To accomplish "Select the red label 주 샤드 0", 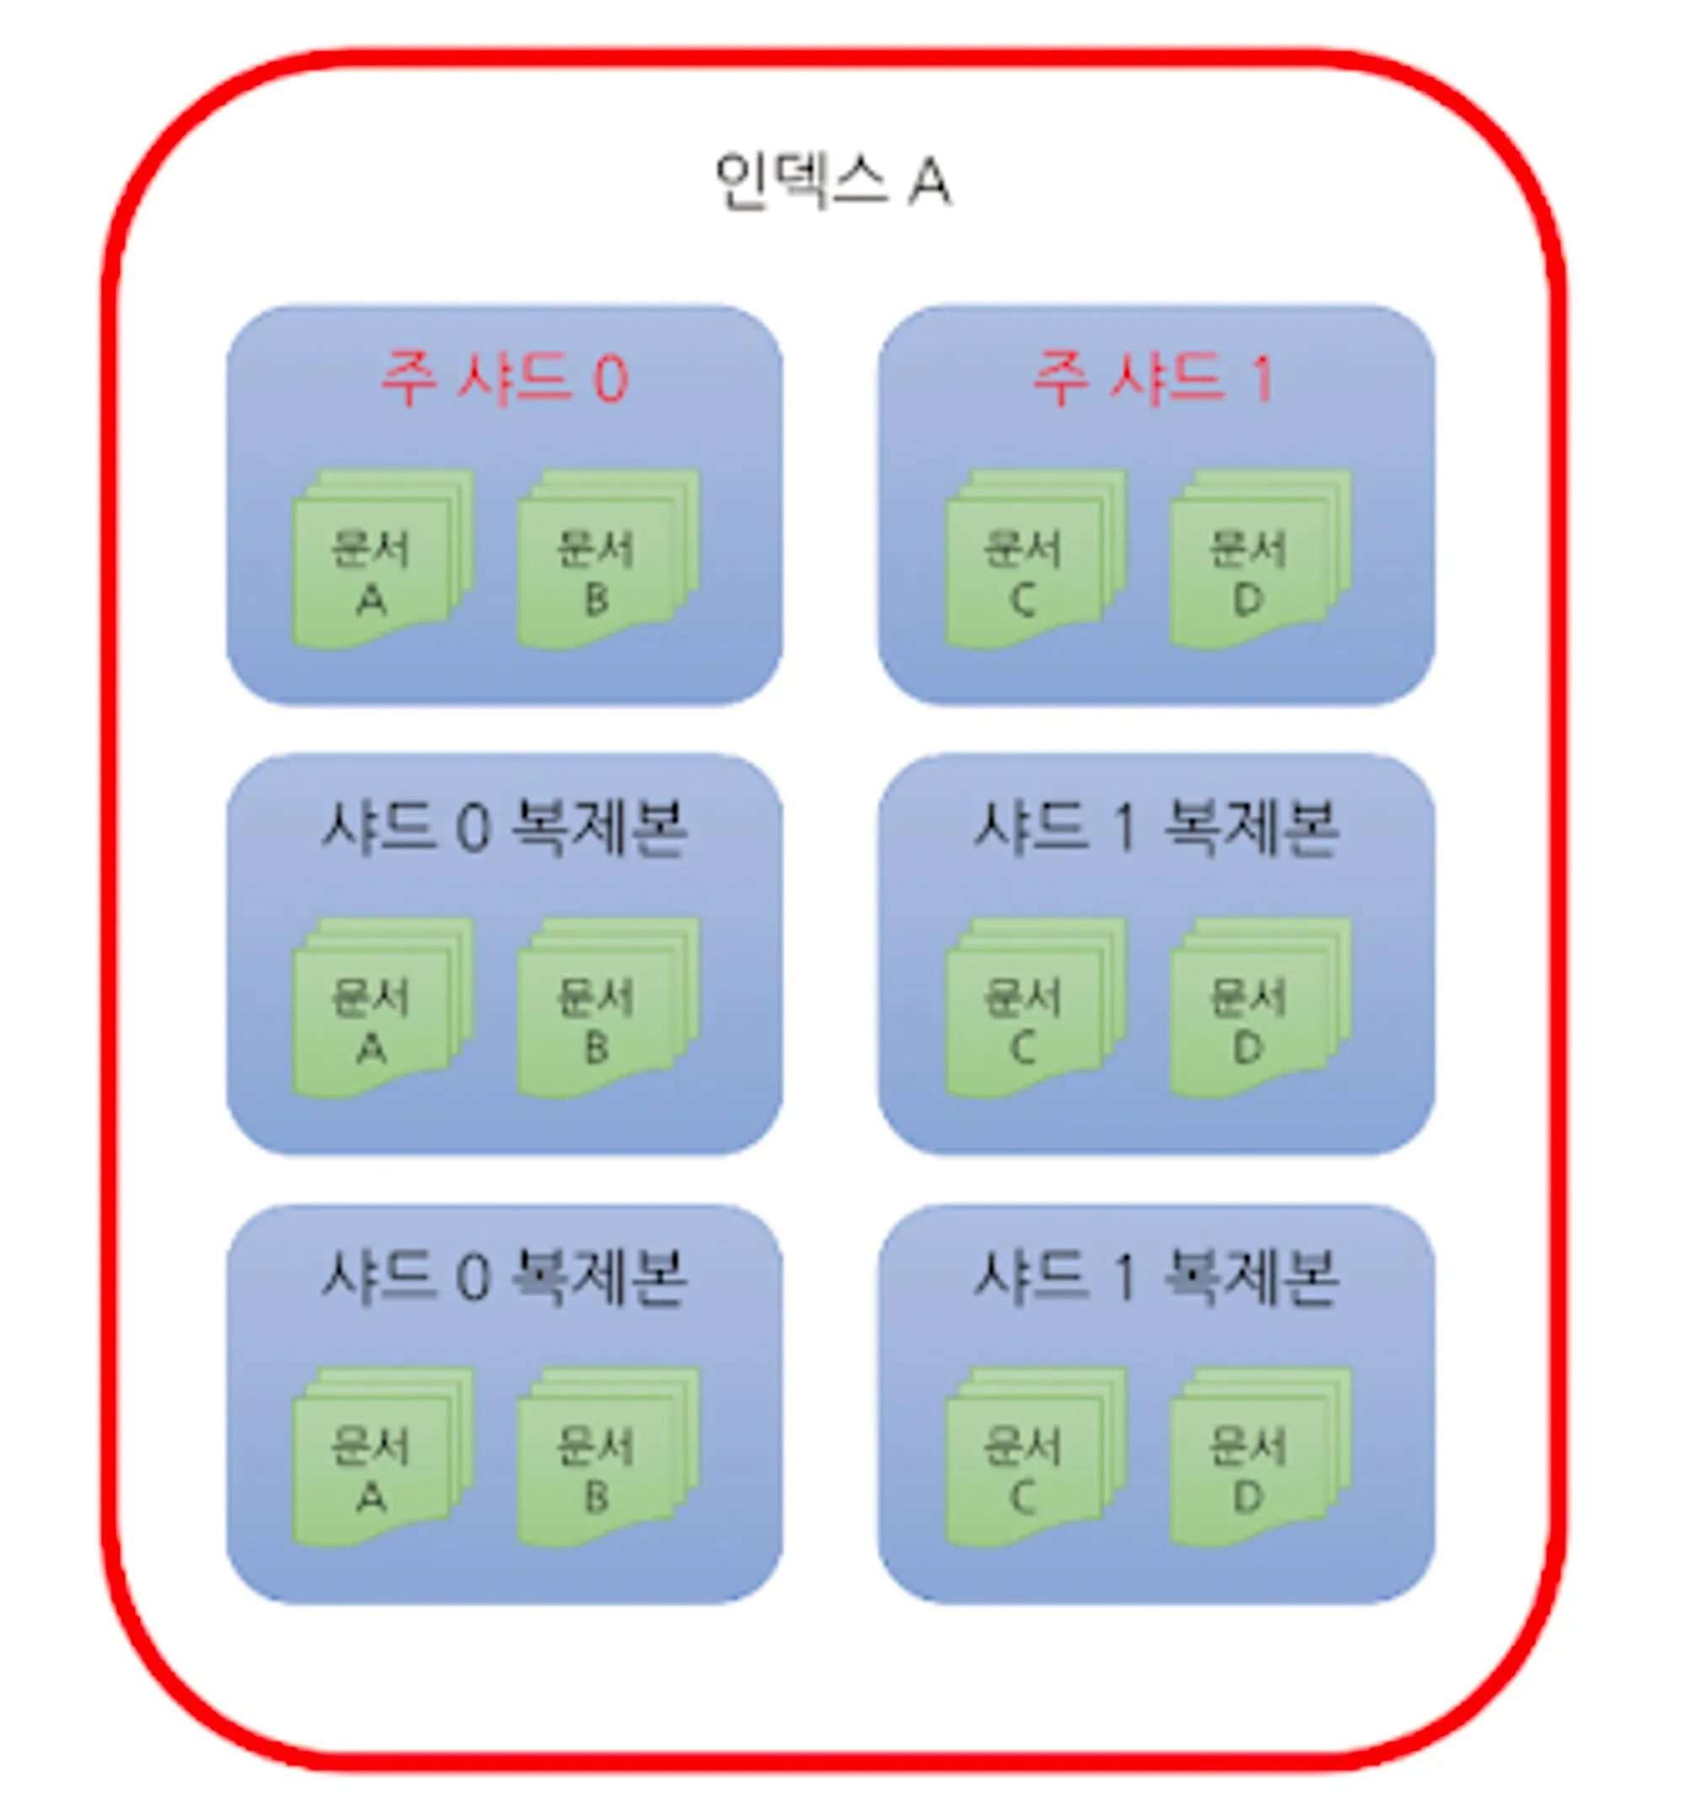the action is (x=504, y=378).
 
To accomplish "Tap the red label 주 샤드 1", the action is (x=1154, y=378).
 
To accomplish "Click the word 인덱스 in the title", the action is (x=799, y=181).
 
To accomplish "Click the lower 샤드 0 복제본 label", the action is (x=504, y=1278).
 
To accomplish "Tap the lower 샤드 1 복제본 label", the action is (x=1155, y=1278).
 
